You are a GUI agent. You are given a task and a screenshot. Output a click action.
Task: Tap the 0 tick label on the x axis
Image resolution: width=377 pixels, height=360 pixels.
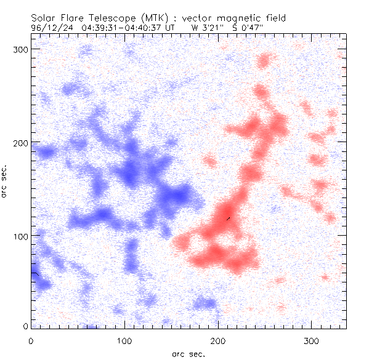pos(31,340)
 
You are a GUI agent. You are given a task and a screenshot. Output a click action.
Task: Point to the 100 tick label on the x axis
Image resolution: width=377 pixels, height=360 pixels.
pos(125,340)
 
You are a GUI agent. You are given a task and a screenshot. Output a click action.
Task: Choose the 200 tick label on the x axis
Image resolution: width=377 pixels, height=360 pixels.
pos(219,340)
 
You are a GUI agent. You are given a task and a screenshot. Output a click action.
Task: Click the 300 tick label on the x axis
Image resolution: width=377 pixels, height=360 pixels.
pos(312,340)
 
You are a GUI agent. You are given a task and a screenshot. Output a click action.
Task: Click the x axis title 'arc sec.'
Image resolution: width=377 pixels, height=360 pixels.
pos(188,353)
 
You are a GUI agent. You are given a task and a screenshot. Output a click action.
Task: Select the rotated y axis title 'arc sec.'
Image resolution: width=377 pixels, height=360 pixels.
pos(6,181)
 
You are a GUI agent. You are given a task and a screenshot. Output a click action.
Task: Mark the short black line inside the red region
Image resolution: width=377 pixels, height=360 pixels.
pos(227,218)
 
